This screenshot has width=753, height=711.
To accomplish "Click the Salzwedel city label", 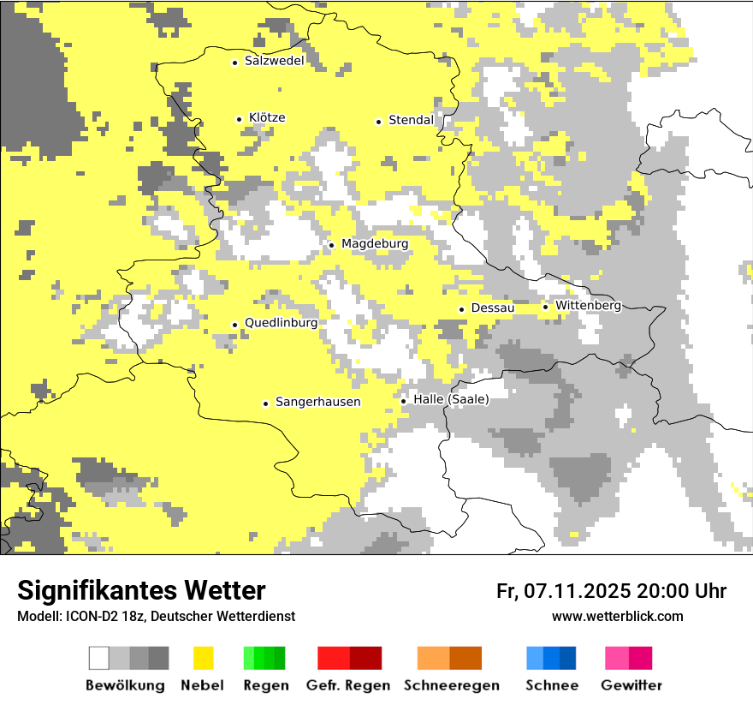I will click(x=274, y=61).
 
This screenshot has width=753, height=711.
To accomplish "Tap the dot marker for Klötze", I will click(x=240, y=119).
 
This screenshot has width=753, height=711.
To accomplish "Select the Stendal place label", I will click(x=412, y=121).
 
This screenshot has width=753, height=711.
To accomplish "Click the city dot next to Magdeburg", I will click(x=332, y=245).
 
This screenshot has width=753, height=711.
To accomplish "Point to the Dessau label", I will click(x=493, y=308).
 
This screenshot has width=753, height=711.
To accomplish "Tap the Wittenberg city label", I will click(x=588, y=306).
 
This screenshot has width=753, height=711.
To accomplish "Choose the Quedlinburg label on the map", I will click(x=281, y=323).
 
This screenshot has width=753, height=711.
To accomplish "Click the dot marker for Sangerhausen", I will click(x=266, y=403).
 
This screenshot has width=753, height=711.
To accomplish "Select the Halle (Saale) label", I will click(x=451, y=399).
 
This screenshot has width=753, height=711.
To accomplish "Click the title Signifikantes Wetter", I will click(x=141, y=590).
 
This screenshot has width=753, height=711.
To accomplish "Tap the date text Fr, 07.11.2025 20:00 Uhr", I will click(x=611, y=591).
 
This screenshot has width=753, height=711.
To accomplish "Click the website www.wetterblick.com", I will click(x=617, y=617).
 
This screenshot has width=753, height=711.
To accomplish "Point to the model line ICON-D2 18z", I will click(x=156, y=617).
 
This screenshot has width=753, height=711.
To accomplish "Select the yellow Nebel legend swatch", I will click(x=203, y=658).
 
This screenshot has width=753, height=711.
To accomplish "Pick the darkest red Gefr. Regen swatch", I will click(x=365, y=658).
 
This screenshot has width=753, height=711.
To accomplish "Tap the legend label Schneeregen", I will click(x=451, y=685).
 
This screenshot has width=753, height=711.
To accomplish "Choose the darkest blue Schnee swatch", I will click(x=568, y=658).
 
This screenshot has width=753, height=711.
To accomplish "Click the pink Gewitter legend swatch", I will click(x=617, y=658).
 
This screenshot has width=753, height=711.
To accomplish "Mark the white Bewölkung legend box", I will click(x=99, y=658).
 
